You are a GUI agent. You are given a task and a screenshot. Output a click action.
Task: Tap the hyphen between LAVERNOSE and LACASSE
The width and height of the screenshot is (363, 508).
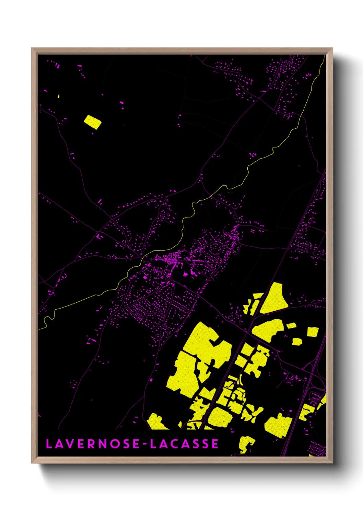pos(145,444)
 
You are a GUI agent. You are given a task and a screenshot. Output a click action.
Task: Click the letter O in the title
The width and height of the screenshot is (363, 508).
pos(116,444)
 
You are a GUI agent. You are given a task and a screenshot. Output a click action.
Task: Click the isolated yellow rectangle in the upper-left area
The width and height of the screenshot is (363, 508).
pos(93,122)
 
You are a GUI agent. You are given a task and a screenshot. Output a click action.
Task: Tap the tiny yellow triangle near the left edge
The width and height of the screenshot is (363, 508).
pos(59,96)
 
